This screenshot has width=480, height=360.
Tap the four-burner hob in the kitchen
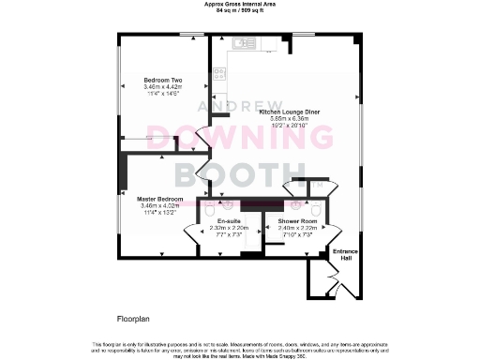coord(217,73)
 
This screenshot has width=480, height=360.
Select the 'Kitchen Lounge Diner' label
coord(290,112)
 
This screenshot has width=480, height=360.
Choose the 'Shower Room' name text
coord(293,221)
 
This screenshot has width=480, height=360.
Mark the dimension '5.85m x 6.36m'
coord(290,119)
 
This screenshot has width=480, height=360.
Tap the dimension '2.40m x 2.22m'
coord(293,228)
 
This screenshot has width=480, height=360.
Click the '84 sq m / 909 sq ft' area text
coord(239,10)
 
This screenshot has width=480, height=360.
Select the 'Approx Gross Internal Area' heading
coord(239,4)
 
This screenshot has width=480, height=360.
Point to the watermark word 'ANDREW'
coord(239,108)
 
